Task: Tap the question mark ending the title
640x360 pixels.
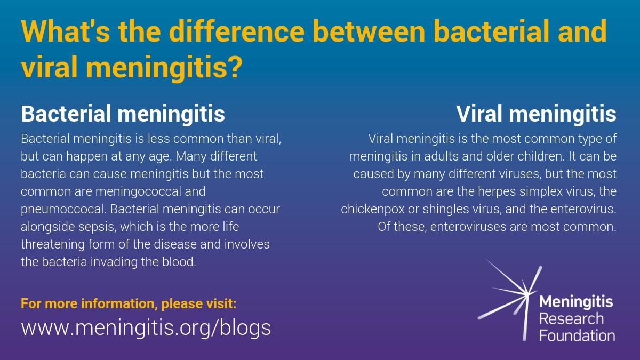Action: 235,68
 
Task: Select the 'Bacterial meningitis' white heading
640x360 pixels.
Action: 123,114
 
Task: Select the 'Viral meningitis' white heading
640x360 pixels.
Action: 536,114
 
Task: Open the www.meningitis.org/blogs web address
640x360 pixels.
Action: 146,327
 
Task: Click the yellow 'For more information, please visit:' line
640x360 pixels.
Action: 128,304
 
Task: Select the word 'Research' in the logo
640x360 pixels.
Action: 571,319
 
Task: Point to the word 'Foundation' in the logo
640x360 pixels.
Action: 577,335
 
